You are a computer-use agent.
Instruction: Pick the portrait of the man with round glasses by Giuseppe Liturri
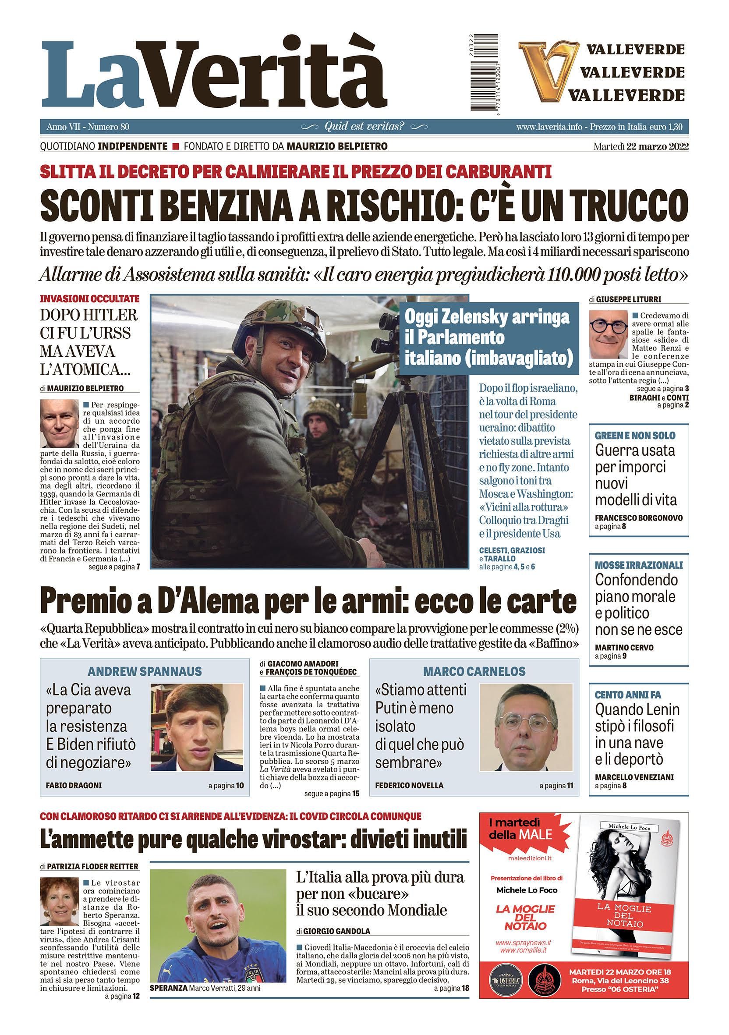(608, 333)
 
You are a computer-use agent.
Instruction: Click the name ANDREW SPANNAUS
(144, 671)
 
